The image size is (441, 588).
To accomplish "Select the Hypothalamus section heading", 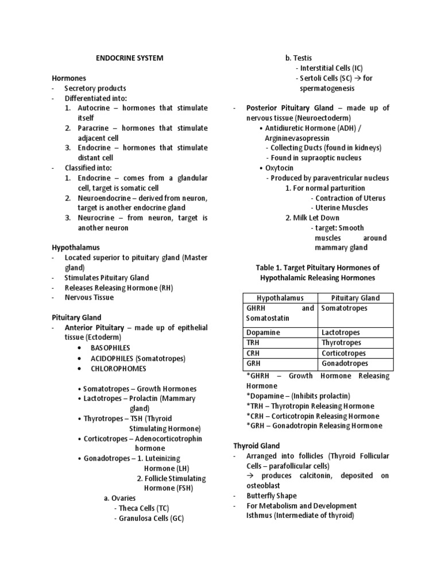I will [76, 247].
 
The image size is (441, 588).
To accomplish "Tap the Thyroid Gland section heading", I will [256, 446].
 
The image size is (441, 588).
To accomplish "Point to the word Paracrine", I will [96, 128].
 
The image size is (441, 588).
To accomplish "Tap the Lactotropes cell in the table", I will [341, 332].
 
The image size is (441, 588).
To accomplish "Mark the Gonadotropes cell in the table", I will [345, 363].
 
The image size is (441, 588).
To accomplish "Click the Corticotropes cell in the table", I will [343, 353].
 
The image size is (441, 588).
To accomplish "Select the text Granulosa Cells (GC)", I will [151, 519].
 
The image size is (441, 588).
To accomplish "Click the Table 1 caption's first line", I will [317, 268].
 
